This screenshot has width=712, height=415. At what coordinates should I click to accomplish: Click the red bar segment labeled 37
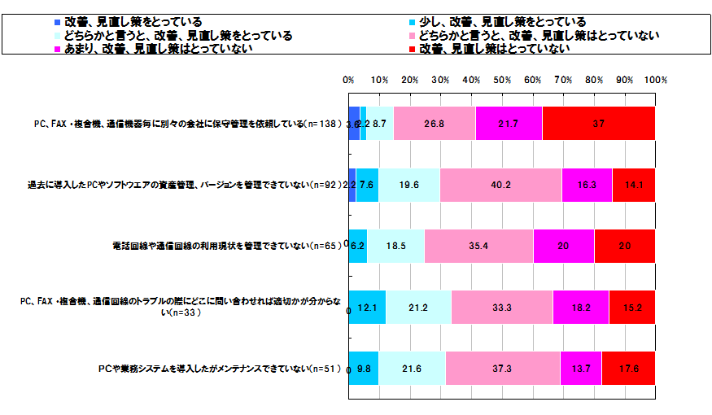click(x=598, y=124)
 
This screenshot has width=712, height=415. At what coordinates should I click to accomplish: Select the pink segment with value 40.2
click(x=501, y=185)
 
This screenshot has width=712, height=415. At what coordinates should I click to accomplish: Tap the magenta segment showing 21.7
click(x=509, y=124)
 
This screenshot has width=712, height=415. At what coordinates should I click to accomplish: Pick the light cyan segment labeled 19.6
click(x=409, y=185)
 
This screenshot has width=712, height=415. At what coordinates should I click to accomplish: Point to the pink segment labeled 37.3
click(x=503, y=368)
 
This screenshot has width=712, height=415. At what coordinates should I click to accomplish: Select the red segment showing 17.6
click(x=628, y=368)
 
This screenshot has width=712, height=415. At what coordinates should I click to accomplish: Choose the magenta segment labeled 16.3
click(x=587, y=185)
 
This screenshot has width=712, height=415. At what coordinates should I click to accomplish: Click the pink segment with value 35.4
click(x=478, y=246)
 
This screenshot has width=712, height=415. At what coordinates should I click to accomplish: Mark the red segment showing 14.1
click(x=634, y=185)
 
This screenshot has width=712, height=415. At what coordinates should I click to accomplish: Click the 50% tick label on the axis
click(x=502, y=81)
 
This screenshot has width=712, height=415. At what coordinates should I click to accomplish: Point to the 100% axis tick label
click(x=655, y=81)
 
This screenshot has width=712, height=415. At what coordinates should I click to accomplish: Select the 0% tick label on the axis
click(x=348, y=81)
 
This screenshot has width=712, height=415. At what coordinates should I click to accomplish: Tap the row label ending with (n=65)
click(x=228, y=246)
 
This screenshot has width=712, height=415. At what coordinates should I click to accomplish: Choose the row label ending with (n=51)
click(x=221, y=368)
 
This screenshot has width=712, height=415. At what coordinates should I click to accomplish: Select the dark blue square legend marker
click(x=56, y=22)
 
